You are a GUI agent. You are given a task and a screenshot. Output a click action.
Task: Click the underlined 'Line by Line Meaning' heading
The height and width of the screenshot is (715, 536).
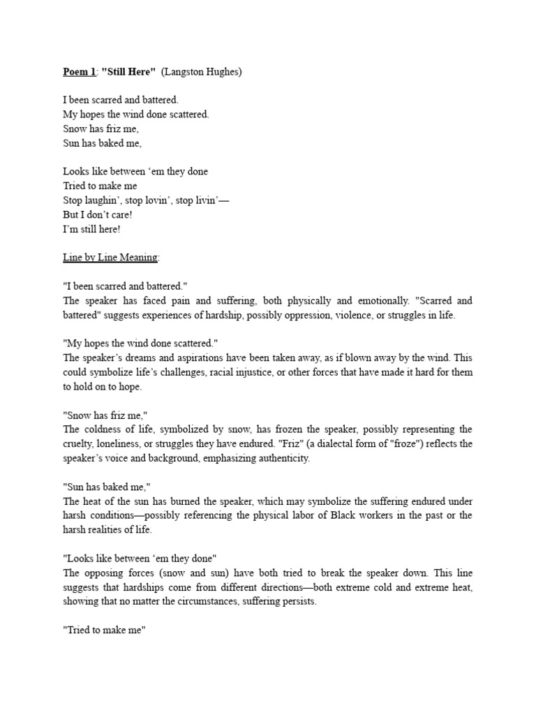(x=110, y=258)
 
